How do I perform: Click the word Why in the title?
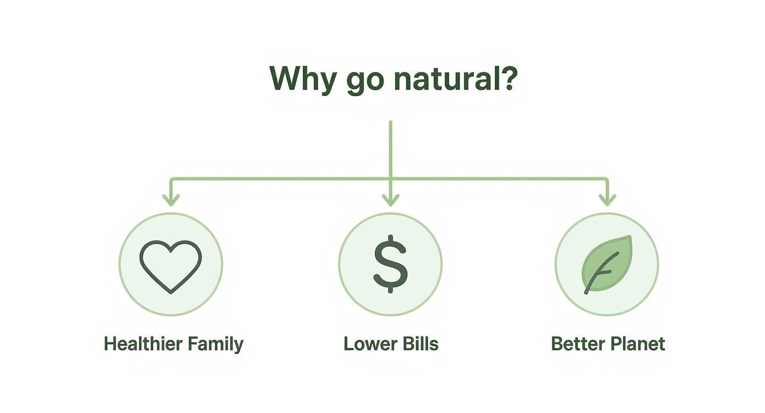pyautogui.click(x=302, y=79)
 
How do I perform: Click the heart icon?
pyautogui.click(x=171, y=265)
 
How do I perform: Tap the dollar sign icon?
pyautogui.click(x=390, y=264)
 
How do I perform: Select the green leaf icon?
pyautogui.click(x=607, y=264)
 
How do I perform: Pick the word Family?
pyautogui.click(x=215, y=345)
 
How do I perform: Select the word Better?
pyautogui.click(x=575, y=344)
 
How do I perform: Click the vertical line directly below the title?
pyautogui.click(x=390, y=148)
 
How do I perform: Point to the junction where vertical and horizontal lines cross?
pyautogui.click(x=390, y=178)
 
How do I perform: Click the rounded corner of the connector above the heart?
pyautogui.click(x=172, y=180)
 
